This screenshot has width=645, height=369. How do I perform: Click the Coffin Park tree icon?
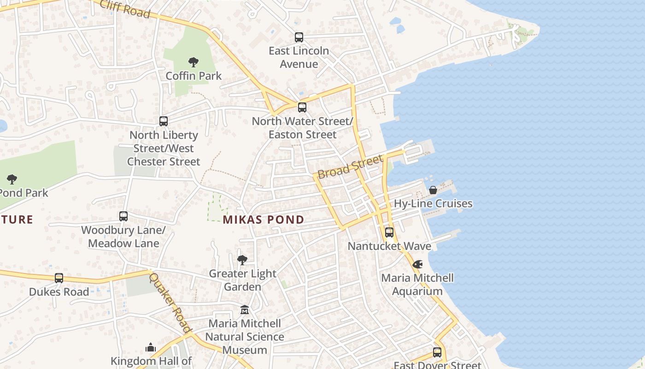pos(193,62)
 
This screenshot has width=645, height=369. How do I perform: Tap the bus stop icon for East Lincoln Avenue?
pos(299,37)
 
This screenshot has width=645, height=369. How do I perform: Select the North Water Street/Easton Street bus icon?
pos(302,107)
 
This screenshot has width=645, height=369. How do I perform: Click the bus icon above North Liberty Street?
pos(164,121)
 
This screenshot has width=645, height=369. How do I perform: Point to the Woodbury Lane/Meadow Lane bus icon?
pos(123,216)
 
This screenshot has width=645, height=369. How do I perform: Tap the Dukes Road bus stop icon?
pos(59,278)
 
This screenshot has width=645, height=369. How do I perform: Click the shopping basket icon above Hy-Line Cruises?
pos(433,190)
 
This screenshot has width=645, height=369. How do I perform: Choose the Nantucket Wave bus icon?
pos(389,232)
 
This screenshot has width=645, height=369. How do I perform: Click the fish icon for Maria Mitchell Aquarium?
pos(417,264)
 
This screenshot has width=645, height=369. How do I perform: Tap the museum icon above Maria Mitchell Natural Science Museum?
pos(245,309)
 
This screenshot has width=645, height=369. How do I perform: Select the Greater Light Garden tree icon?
pos(242,260)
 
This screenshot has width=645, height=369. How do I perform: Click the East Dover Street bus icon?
pos(437,352)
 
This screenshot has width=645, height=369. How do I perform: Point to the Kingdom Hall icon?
pos(151,347)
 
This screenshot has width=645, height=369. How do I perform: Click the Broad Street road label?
pos(351,167)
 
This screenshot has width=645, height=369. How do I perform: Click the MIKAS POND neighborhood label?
pos(264,220)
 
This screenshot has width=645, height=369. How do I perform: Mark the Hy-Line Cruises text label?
pos(433,203)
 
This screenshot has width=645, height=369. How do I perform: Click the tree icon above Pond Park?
pos(12,179)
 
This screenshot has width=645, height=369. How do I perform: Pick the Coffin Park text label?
pos(193,76)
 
